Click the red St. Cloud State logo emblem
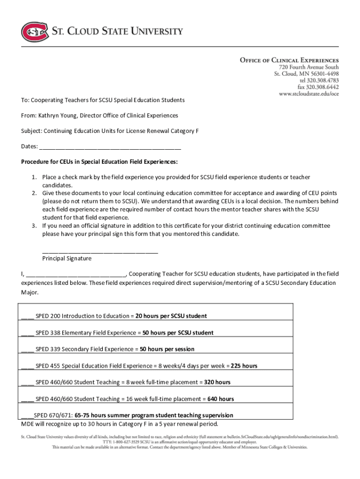[x=35, y=32]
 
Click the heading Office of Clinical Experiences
[x=289, y=60]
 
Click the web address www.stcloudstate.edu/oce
[x=309, y=94]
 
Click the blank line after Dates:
[x=110, y=147]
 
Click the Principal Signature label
[x=67, y=258]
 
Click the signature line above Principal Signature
[x=100, y=252]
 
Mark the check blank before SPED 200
[x=28, y=316]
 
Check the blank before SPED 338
[x=28, y=333]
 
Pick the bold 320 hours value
[x=217, y=383]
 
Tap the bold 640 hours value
[x=220, y=399]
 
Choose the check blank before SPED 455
[x=28, y=366]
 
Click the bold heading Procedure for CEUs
[x=99, y=162]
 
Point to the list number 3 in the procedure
[x=34, y=226]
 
